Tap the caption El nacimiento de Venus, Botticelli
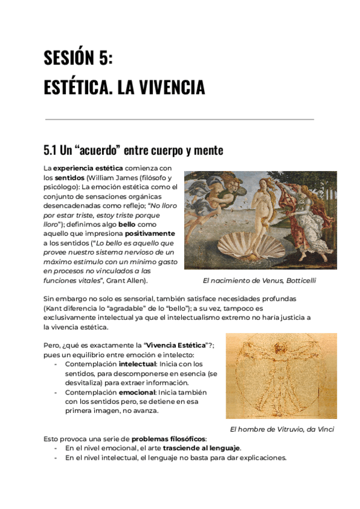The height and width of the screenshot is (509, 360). [259, 280]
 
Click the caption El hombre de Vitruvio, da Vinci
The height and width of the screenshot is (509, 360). [282, 429]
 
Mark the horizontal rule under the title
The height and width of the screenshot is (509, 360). [180, 119]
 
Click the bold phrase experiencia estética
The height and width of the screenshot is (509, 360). [89, 167]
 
